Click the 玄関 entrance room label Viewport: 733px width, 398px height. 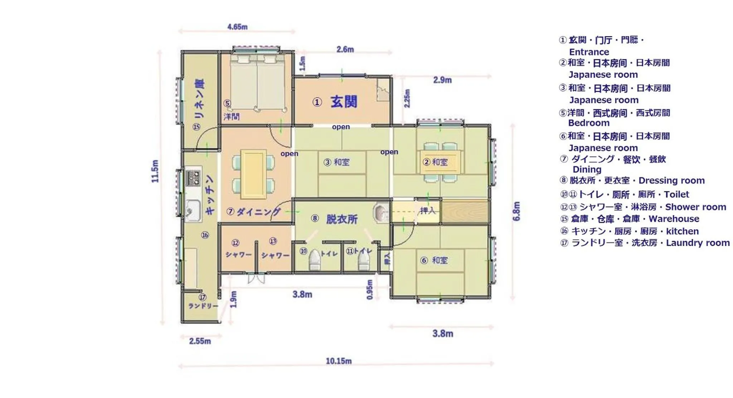point(343,102)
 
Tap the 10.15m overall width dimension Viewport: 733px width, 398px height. point(338,361)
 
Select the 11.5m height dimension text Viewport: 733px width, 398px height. point(155,171)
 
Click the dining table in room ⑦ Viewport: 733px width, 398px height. point(253,174)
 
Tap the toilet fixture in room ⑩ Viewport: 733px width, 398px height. point(314,260)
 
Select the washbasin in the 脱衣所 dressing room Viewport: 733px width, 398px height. point(380,213)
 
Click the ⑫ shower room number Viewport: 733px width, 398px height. point(235,243)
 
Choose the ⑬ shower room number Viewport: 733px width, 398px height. point(273,241)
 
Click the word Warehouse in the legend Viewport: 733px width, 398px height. point(674,219)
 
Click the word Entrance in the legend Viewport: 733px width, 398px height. point(589,52)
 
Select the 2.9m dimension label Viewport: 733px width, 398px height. point(442,80)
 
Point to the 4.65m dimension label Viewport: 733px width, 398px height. point(237,27)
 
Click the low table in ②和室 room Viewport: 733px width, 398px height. point(440,162)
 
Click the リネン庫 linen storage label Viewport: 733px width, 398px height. point(199,99)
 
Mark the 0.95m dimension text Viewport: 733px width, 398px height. point(370,289)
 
